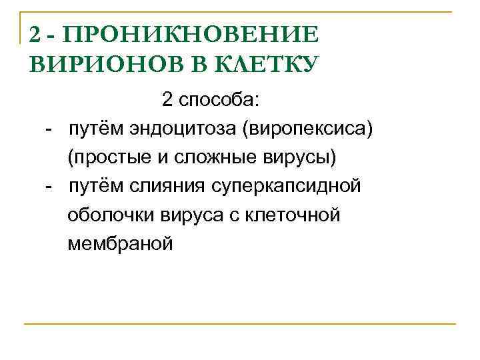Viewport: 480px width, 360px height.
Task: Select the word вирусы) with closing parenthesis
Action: [x=303, y=158]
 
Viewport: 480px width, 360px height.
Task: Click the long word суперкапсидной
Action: [x=286, y=187]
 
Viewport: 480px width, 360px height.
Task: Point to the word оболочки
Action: [x=111, y=215]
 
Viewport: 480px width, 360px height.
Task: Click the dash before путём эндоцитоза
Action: [x=49, y=129]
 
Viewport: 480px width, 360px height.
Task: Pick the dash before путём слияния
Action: [x=49, y=187]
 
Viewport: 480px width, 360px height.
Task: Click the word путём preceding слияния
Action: [x=93, y=187]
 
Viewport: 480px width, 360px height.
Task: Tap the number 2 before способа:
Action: [x=167, y=101]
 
